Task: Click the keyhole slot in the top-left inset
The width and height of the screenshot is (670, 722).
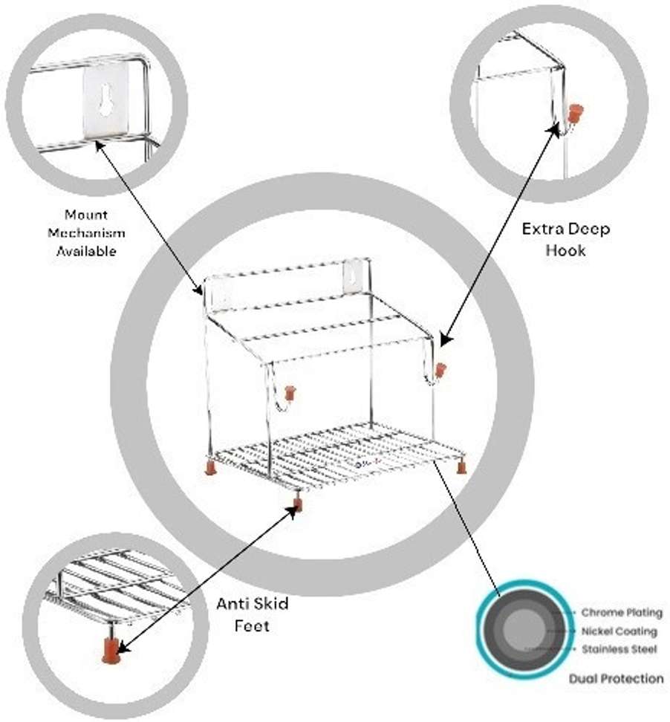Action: (107, 98)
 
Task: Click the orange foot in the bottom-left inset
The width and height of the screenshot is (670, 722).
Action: (111, 651)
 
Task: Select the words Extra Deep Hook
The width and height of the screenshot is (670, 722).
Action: (566, 239)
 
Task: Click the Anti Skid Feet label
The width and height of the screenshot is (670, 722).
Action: (252, 614)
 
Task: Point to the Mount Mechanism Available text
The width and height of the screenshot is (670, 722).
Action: (86, 232)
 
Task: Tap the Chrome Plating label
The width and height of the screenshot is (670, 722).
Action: (621, 613)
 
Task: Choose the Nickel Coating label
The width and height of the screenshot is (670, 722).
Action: (619, 631)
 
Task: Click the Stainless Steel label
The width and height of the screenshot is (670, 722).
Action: (619, 649)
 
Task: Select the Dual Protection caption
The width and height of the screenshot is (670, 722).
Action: (616, 678)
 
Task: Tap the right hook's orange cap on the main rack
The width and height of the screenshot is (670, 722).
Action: (440, 370)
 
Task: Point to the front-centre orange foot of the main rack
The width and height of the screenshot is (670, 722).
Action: (298, 505)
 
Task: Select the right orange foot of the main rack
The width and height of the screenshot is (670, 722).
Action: (461, 468)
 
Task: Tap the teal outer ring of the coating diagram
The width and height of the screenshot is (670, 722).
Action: (483, 631)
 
